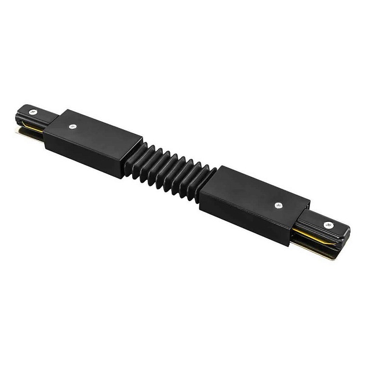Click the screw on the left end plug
pyautogui.click(x=33, y=112)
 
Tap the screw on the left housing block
pyautogui.click(x=72, y=126)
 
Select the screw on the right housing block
pyautogui.click(x=279, y=204)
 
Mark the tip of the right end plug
pyautogui.click(x=347, y=235)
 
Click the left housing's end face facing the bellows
pyautogui.click(x=132, y=154)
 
